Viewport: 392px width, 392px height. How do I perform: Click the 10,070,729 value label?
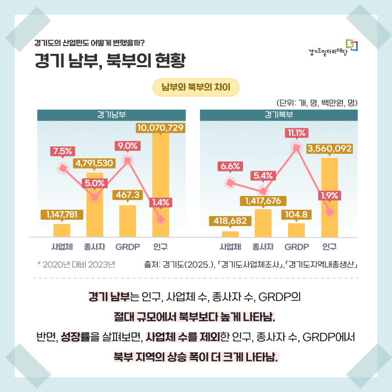(x=160, y=128)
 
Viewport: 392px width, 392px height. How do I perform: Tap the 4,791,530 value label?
(x=95, y=163)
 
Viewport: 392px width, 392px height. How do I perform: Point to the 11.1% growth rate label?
(x=296, y=132)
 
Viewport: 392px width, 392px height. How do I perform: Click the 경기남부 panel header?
(x=111, y=115)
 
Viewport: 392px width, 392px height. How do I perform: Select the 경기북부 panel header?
(x=279, y=115)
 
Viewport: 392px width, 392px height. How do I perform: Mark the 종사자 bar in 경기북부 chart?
(x=263, y=223)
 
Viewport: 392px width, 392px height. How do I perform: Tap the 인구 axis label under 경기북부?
(x=329, y=246)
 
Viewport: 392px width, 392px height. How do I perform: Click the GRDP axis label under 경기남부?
(x=127, y=246)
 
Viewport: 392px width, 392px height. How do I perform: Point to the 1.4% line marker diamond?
(x=160, y=219)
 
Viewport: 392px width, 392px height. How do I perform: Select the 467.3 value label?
(x=127, y=195)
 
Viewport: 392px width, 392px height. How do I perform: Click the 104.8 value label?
(x=296, y=214)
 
